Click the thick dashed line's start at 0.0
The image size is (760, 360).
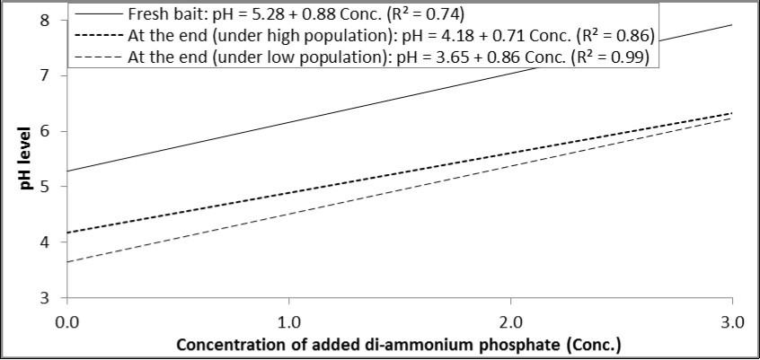tap(69, 233)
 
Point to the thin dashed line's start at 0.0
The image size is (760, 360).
tap(69, 261)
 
